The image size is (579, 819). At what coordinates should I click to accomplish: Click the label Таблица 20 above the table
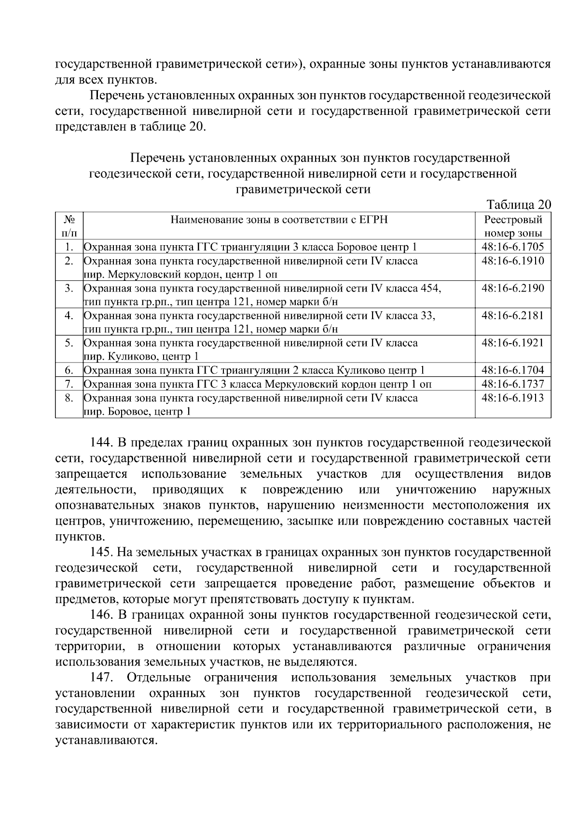519,204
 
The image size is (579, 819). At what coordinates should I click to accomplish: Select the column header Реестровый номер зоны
513,226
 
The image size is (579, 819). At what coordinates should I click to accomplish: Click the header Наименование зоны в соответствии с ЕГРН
279,220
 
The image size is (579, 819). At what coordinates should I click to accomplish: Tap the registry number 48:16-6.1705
513,247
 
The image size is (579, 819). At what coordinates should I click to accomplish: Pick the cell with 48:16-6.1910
513,261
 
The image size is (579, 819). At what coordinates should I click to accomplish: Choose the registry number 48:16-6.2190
513,289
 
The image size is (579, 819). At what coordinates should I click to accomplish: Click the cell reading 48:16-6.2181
513,316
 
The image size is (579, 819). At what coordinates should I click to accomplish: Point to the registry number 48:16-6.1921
513,343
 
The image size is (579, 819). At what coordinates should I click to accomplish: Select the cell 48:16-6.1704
513,371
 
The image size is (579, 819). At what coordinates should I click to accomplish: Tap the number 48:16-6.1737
513,384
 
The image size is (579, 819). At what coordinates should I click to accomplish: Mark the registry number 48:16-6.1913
513,398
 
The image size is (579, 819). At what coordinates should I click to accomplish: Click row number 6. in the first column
69,371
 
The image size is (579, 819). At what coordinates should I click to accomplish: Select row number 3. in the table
69,289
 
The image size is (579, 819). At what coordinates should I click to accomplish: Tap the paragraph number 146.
102,615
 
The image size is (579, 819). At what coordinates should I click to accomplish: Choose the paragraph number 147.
102,678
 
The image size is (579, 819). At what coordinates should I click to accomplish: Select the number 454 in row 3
430,289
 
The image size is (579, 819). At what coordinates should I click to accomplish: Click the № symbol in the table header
69,220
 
